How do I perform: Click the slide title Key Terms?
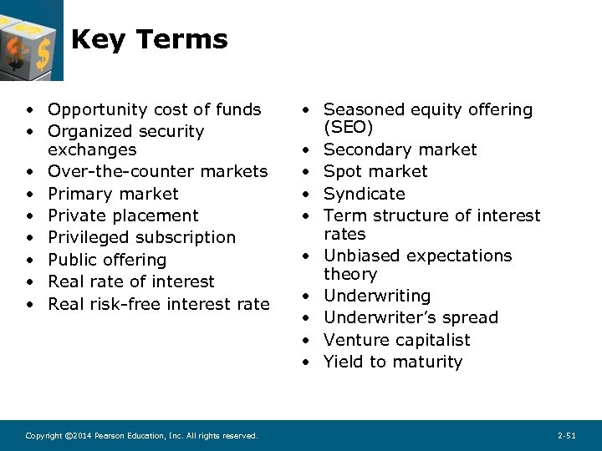coord(149,39)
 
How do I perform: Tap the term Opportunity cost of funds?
coord(154,109)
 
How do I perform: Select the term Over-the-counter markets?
coord(157,171)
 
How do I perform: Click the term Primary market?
coord(113,194)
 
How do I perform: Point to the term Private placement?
coord(123,215)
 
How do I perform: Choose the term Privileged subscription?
coord(141,237)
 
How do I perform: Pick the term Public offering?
coord(107,260)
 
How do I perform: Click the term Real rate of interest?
coord(131,281)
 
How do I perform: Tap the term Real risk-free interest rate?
coord(159,304)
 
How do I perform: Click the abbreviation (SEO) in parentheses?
coord(349,128)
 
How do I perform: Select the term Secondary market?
coord(400,149)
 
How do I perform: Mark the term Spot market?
coord(375,171)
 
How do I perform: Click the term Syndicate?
coord(364,194)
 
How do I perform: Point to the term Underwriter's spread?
coord(411,317)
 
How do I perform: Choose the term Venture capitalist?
coord(396,340)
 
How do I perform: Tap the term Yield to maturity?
coord(392,362)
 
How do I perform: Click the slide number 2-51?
coord(566,436)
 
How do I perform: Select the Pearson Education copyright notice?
coord(141,436)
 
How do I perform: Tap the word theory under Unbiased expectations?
coord(350,274)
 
